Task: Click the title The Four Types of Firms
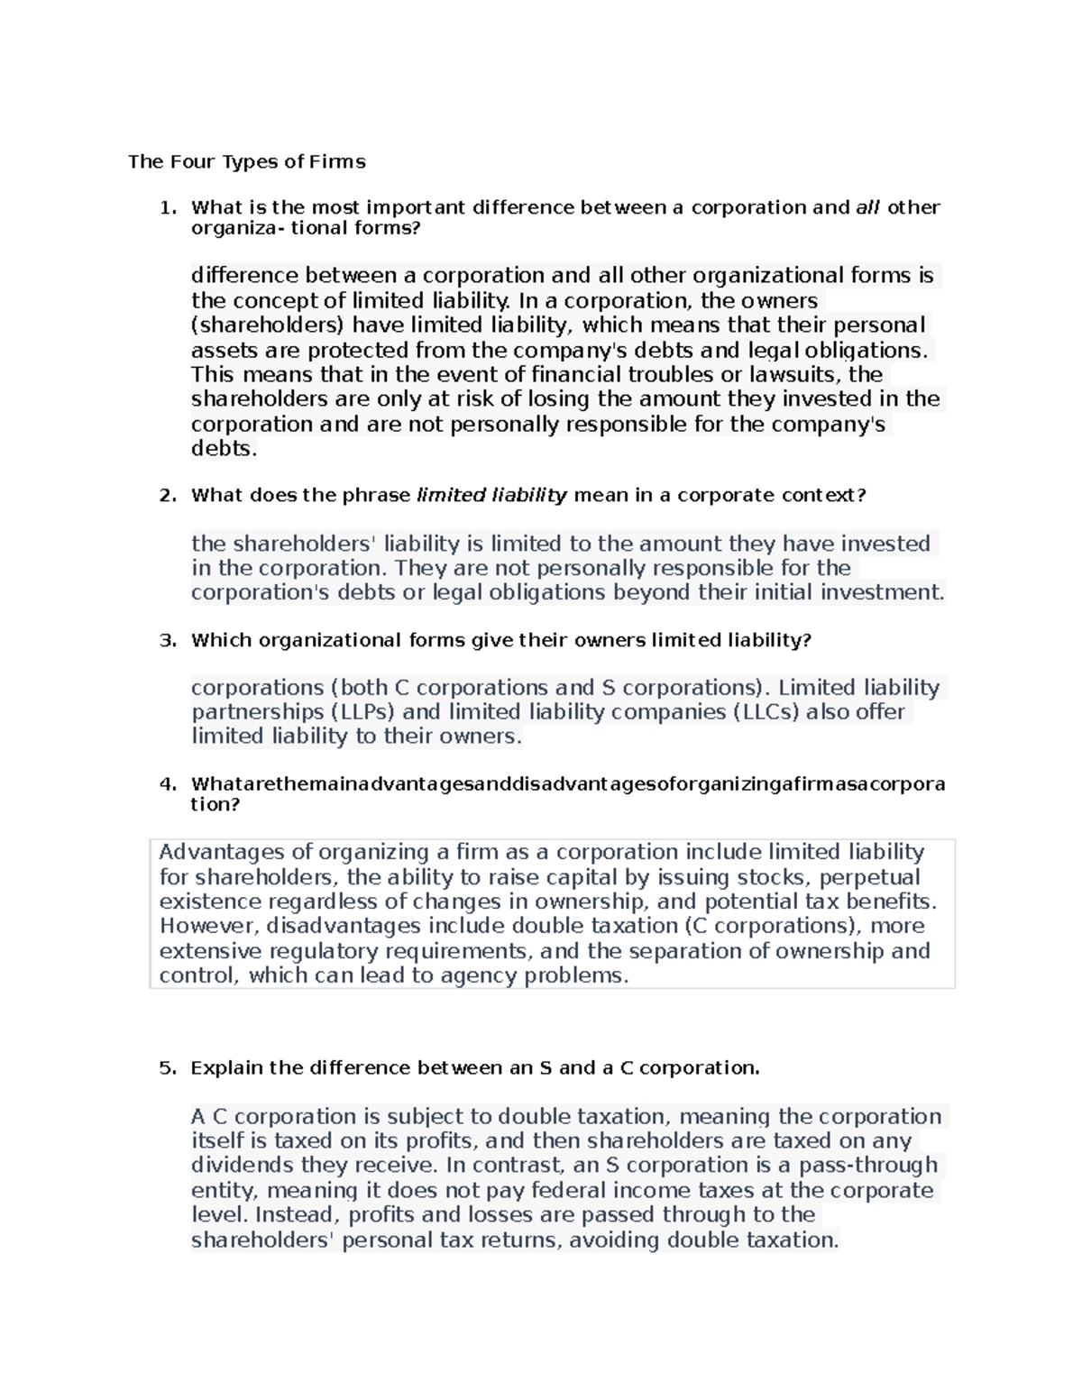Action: pyautogui.click(x=246, y=162)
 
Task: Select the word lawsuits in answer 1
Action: pyautogui.click(x=802, y=374)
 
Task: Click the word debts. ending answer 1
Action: pyautogui.click(x=225, y=449)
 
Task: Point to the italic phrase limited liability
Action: pyautogui.click(x=491, y=495)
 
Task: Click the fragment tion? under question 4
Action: pyautogui.click(x=215, y=804)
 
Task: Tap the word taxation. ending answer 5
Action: pyautogui.click(x=793, y=1240)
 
